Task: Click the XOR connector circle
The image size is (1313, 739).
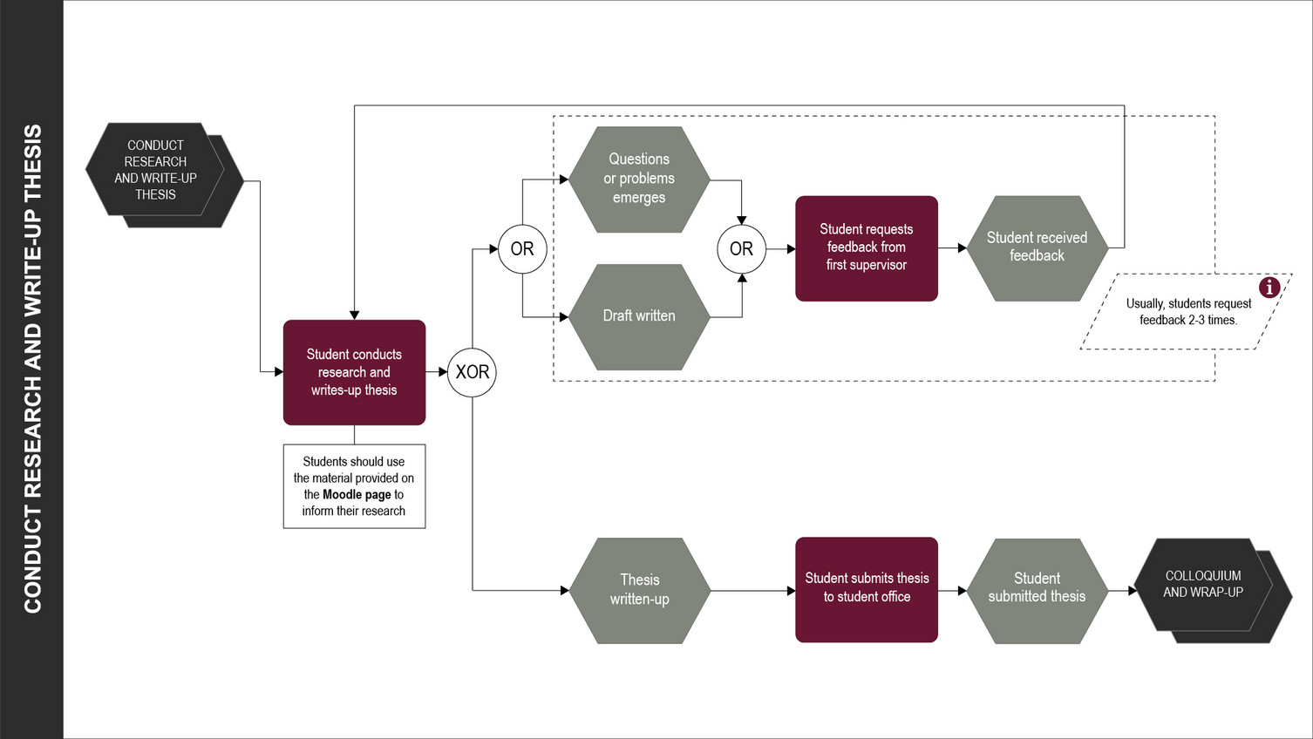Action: [x=472, y=372]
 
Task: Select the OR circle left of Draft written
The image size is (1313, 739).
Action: [x=522, y=249]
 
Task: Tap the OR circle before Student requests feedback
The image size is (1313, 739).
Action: [x=741, y=249]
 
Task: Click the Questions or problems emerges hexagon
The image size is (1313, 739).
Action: [x=639, y=179]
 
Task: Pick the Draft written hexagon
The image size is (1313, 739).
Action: [x=639, y=316]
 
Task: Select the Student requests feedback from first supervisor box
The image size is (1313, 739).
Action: [x=866, y=247]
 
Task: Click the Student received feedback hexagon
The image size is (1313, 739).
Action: [x=1037, y=247]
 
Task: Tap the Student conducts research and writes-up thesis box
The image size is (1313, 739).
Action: [x=354, y=372]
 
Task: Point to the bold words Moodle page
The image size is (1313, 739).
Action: [x=357, y=494]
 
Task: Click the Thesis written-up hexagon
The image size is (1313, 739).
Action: [x=639, y=590]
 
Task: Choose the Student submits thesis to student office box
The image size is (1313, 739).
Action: [x=866, y=589]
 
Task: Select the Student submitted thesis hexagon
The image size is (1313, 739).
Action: [x=1037, y=589]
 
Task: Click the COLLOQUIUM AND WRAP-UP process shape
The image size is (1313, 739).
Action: [x=1208, y=586]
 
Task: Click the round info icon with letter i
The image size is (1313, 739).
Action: [x=1269, y=287]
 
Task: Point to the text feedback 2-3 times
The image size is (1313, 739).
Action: [x=1188, y=320]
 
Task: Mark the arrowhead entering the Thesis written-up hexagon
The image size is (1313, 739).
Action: [x=564, y=590]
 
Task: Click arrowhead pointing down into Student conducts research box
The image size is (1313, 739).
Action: [x=354, y=315]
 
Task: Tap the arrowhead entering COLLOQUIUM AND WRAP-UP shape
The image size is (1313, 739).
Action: [x=1133, y=590]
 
